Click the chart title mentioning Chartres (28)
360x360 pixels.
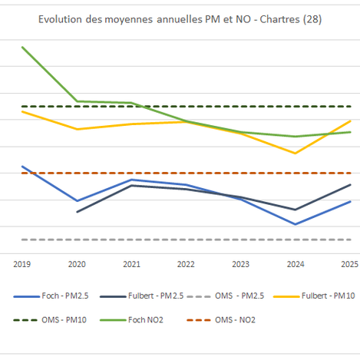(180, 18)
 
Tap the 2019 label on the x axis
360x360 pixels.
(22, 263)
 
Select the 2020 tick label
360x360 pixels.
(77, 263)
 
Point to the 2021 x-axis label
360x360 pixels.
(131, 263)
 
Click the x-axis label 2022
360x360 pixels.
(186, 263)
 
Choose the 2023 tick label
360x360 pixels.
(240, 263)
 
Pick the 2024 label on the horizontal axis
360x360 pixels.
(295, 263)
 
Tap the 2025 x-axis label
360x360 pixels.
(349, 263)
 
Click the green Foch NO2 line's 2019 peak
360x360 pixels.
(22, 47)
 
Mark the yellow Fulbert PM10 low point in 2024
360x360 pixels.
(295, 153)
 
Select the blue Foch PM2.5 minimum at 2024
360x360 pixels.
(295, 224)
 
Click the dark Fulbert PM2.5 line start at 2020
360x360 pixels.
(77, 211)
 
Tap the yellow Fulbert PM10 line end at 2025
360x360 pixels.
(350, 121)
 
